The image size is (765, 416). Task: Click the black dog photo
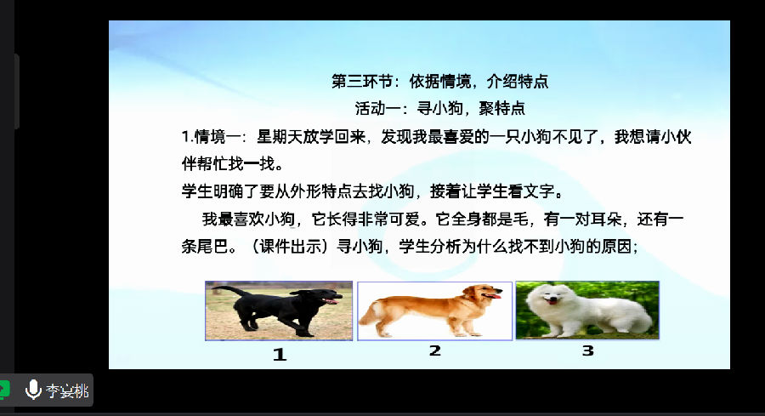[279, 311]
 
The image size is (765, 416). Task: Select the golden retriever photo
[434, 311]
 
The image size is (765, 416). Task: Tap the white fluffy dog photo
[587, 310]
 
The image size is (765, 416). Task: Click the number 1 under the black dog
[280, 354]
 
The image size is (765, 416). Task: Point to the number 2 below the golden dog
[434, 350]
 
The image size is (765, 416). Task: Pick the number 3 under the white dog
[588, 350]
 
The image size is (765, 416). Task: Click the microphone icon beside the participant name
[33, 390]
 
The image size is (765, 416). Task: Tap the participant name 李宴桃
[67, 390]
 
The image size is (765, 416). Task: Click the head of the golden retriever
[482, 293]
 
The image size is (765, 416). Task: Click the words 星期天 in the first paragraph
[280, 137]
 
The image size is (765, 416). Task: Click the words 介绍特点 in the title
[518, 81]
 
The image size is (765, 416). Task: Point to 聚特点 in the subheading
[501, 108]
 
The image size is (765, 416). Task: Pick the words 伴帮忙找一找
[232, 163]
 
